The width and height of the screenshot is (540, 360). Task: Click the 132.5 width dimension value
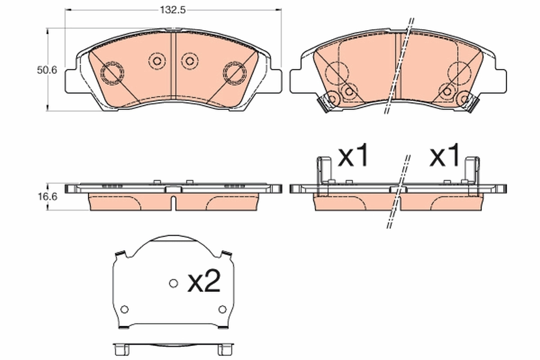coord(173,9)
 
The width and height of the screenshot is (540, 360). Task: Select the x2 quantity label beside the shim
coord(204,283)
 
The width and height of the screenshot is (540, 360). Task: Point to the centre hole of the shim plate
coord(173,283)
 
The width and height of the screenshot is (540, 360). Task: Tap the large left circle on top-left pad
coord(111,72)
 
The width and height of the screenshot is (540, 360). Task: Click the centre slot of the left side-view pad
coord(173,198)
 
